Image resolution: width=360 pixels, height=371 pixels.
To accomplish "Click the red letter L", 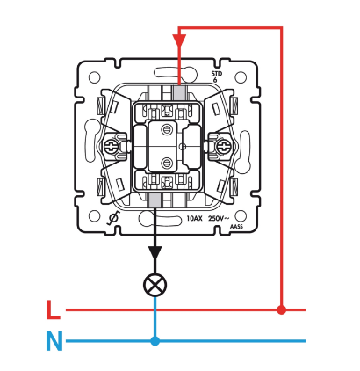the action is pos(53,309).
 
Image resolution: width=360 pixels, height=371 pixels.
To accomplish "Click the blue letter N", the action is pos(54,341).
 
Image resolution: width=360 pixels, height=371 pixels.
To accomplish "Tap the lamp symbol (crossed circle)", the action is pos(155,285).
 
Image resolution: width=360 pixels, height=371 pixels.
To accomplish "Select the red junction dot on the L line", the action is pos(282,309).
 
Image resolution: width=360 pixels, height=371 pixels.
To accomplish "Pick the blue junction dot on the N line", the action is pos(155,341).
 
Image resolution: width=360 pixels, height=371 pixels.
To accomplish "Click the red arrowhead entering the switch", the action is pos(179,40).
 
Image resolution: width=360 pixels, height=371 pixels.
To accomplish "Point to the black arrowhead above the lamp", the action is pos(155,252).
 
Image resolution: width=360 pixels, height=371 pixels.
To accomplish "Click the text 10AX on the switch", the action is pos(194,219).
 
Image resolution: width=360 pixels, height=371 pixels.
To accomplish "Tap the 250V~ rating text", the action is pos(219,218).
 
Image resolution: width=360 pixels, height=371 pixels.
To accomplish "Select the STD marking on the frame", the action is pos(217,74).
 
